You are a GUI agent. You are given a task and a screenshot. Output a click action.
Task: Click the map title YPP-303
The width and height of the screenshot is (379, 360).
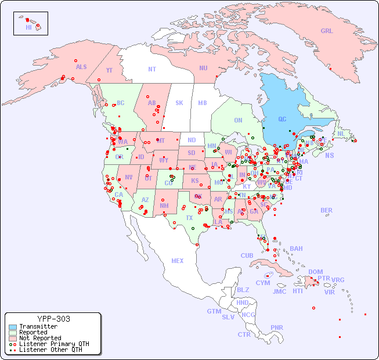(x=53, y=319)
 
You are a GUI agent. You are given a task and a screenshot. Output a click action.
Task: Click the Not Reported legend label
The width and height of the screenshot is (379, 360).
(x=39, y=338)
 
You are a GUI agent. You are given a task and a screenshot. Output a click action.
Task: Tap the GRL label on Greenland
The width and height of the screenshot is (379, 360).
(x=327, y=31)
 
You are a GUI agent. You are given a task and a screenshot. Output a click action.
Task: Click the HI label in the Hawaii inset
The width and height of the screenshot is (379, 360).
(x=28, y=27)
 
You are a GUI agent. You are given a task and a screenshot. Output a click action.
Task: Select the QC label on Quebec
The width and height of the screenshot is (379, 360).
(x=282, y=120)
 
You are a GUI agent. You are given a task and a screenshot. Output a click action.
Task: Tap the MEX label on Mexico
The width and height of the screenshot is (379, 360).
(x=177, y=261)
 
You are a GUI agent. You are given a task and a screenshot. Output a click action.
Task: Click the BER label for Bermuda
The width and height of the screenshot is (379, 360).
(x=326, y=210)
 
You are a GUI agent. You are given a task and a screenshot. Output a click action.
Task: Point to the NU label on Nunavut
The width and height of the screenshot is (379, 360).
(x=203, y=68)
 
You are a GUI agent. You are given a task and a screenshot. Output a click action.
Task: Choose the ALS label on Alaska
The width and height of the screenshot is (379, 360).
(x=81, y=67)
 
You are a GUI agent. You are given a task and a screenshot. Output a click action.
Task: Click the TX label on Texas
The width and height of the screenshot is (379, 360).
(x=189, y=218)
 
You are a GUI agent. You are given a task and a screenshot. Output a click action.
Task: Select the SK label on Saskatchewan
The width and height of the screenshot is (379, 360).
(x=179, y=103)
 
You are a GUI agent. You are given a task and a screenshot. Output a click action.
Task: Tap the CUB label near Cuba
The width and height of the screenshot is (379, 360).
(x=247, y=255)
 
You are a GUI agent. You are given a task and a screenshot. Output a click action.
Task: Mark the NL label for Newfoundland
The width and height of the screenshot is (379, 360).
(x=341, y=133)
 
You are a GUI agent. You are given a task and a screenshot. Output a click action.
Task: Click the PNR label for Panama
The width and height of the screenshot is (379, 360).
(x=277, y=327)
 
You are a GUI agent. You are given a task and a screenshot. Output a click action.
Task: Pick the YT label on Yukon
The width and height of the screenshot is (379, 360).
(x=109, y=70)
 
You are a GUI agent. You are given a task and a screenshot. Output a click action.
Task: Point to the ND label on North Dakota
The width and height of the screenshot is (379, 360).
(x=192, y=140)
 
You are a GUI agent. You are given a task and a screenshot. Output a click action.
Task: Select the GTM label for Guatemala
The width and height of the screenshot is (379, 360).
(x=214, y=311)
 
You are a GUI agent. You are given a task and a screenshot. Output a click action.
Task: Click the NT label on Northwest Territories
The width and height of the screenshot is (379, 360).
(x=152, y=69)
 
